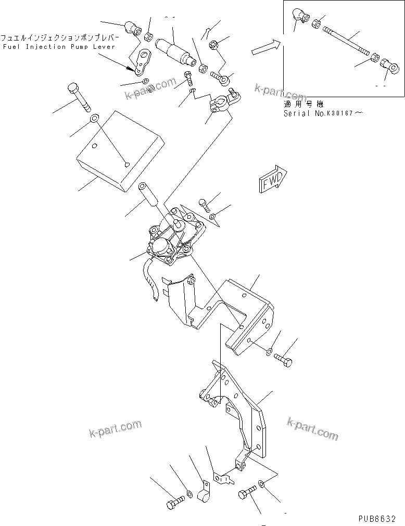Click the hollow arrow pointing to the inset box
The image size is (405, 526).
(265, 48)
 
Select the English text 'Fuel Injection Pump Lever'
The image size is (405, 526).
(40, 47)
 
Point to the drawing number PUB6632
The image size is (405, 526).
(377, 518)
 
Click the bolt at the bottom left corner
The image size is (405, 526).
(173, 503)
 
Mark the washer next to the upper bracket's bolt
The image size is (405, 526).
(268, 352)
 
